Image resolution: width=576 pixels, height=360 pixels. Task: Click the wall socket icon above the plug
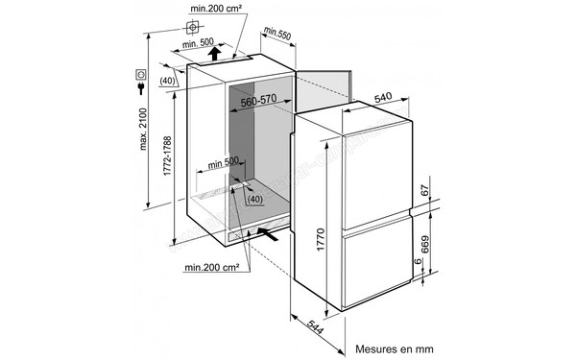coord(140,73)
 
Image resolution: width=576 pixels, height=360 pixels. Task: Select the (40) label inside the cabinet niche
coord(254,200)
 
